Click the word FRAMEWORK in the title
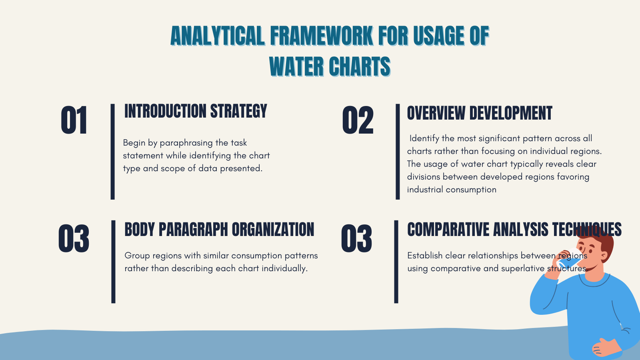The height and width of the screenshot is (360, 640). pos(322,36)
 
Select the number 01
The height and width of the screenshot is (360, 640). pos(74,120)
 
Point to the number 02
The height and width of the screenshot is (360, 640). pos(358,120)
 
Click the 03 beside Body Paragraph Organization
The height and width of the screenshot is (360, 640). pos(74,239)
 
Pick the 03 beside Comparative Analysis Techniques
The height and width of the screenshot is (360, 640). pos(356,239)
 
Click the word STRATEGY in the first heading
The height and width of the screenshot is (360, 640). pos(238,111)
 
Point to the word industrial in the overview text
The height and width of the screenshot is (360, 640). pos(425,190)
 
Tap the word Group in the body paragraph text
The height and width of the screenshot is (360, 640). pos(137,256)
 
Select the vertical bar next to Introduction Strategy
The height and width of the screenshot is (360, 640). pos(113,152)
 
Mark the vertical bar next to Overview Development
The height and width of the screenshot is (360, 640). pos(398,152)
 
